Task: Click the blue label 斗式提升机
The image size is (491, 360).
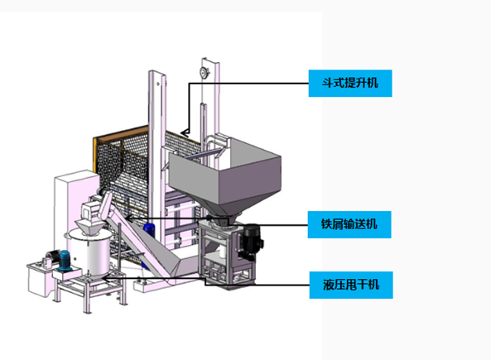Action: click(350, 84)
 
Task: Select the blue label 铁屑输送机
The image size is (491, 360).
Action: click(349, 224)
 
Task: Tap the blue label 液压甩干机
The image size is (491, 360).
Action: click(351, 285)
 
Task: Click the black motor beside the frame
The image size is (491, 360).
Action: click(252, 242)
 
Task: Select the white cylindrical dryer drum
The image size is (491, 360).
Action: click(89, 252)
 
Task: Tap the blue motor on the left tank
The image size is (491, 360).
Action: click(65, 260)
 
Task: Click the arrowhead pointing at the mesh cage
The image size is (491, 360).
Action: click(185, 133)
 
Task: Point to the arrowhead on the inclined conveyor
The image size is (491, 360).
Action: click(128, 218)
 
